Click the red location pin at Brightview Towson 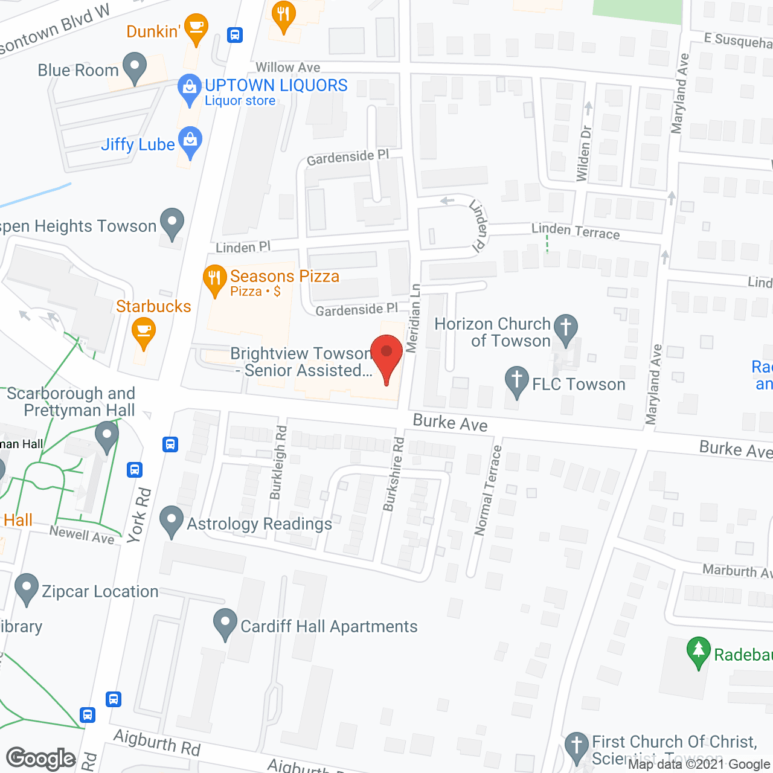(386, 355)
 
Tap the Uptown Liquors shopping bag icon (190, 88)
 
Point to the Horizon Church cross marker (566, 329)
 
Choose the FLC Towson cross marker (516, 380)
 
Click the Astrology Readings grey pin (172, 520)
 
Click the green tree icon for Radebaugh (699, 652)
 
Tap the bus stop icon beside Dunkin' (235, 35)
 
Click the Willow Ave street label (287, 68)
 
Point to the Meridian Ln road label (412, 318)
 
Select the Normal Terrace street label (488, 490)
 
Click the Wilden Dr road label (583, 153)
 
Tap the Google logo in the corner (41, 759)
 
